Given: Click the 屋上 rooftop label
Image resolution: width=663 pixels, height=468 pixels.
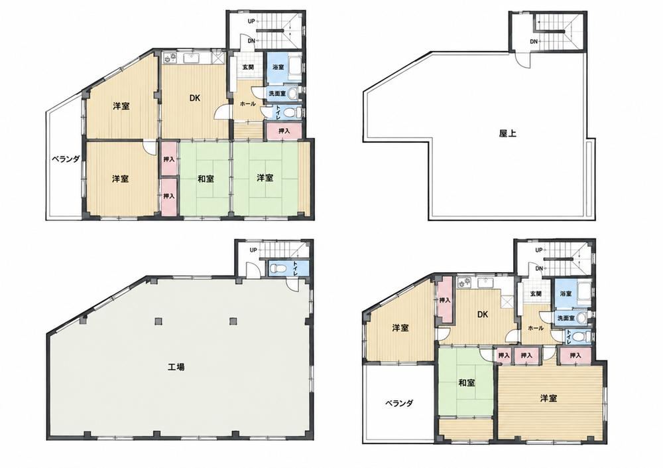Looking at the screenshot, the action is click(x=507, y=133).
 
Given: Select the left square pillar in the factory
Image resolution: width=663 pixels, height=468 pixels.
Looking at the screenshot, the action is click(x=158, y=321).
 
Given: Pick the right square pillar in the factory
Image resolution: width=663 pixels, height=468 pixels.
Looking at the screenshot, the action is click(x=233, y=321).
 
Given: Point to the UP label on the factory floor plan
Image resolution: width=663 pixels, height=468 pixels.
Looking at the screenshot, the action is click(x=253, y=250).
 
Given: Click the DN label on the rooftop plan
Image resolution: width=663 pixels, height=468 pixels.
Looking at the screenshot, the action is click(x=534, y=42).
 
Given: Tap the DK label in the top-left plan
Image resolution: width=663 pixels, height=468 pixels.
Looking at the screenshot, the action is click(x=194, y=98).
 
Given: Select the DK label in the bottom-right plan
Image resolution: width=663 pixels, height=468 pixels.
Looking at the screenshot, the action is click(x=483, y=314).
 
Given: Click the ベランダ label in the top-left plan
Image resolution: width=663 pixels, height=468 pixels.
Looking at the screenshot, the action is click(x=66, y=159).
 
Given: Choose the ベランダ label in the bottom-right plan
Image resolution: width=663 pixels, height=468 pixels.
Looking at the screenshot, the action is click(x=399, y=403).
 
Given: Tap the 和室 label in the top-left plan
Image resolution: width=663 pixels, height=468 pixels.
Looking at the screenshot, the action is click(x=206, y=179).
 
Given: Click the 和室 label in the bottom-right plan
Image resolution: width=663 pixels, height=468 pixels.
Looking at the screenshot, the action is click(x=466, y=383).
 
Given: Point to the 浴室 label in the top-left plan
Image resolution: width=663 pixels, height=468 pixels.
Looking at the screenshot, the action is click(x=278, y=67).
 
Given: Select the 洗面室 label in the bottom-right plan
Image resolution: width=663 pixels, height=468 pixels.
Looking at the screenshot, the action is click(x=566, y=318).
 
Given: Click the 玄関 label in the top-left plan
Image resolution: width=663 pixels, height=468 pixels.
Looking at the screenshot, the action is click(x=248, y=67).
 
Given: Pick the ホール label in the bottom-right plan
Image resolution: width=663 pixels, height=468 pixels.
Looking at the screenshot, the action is click(x=535, y=328).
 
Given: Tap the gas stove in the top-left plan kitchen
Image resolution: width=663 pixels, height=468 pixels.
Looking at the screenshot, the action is click(x=169, y=58).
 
